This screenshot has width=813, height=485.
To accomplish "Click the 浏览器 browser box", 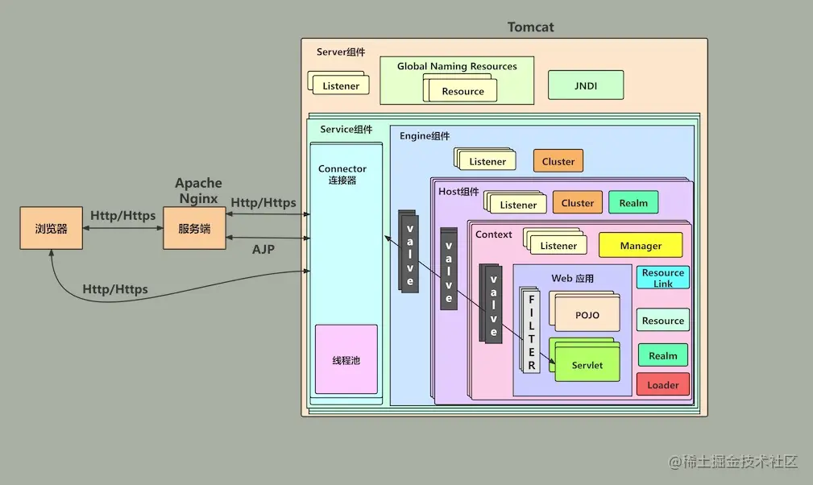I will (x=51, y=228).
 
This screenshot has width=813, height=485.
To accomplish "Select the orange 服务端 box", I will (x=194, y=228).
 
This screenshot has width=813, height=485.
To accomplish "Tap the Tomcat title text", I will (x=530, y=27).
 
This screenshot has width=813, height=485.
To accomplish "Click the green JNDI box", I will (x=586, y=85).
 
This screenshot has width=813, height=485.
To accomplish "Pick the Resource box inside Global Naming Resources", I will (x=462, y=91).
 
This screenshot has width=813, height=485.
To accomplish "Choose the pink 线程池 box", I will (x=346, y=359).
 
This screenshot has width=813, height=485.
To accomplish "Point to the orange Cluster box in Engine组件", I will (x=558, y=161).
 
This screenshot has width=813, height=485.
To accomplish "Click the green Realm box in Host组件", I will (x=633, y=203).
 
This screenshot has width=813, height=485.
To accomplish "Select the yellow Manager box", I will (x=641, y=246).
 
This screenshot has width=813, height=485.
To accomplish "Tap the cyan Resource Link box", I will (x=662, y=278).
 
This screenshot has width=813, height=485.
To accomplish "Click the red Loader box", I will (x=662, y=384).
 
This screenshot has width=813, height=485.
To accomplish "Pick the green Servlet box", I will (x=587, y=365).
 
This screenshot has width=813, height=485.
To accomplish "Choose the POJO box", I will (x=587, y=315).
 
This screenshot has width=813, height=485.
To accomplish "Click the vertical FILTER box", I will (x=532, y=331).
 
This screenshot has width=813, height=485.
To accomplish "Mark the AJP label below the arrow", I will (x=263, y=250).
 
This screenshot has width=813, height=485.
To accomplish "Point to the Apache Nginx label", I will (x=198, y=191).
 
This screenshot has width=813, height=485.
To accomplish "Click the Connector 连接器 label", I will (x=342, y=174).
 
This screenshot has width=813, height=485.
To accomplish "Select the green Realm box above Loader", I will (x=662, y=355).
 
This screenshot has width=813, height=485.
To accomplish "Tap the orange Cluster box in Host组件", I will (x=577, y=203).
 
